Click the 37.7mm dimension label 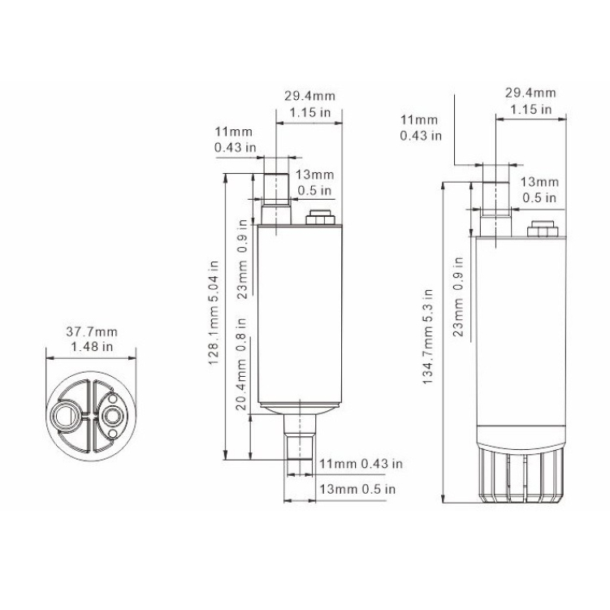coord(91,331)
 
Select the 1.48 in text coord(91,346)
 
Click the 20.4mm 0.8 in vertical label coord(241,379)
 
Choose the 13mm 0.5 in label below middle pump coord(357,489)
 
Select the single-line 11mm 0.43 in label coord(361,464)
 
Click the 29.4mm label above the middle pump coord(309,96)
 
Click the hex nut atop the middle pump coord(318,218)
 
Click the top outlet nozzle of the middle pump coord(276,197)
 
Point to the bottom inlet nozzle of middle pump coord(300,439)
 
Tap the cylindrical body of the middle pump coord(297,317)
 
